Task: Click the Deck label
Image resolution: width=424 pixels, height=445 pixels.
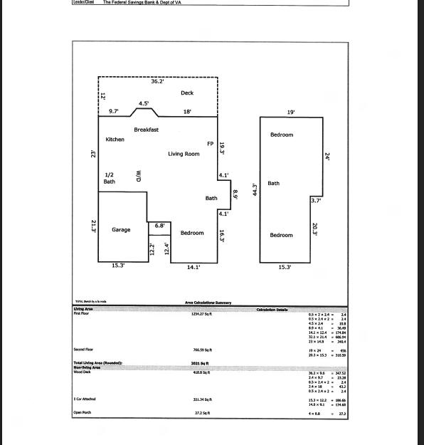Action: (187, 93)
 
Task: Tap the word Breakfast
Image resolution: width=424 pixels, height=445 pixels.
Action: (146, 130)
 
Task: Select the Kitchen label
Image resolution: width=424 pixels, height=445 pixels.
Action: (115, 140)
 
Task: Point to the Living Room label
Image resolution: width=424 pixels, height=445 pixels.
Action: (184, 154)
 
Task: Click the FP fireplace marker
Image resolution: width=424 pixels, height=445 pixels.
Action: (210, 144)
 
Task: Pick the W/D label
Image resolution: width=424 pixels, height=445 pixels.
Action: (139, 175)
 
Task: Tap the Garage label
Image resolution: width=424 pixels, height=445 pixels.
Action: (121, 230)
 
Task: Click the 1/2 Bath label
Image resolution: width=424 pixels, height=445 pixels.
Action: (110, 178)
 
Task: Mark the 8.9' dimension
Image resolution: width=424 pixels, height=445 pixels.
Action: (235, 193)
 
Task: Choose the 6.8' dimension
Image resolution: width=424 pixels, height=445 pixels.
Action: (160, 226)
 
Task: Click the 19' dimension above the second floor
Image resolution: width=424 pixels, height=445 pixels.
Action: (290, 112)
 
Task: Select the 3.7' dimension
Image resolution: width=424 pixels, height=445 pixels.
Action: (316, 201)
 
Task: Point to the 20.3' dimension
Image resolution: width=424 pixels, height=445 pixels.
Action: (315, 229)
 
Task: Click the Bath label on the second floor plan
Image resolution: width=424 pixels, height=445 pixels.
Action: (274, 184)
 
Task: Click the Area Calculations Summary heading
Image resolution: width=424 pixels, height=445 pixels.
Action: (208, 303)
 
